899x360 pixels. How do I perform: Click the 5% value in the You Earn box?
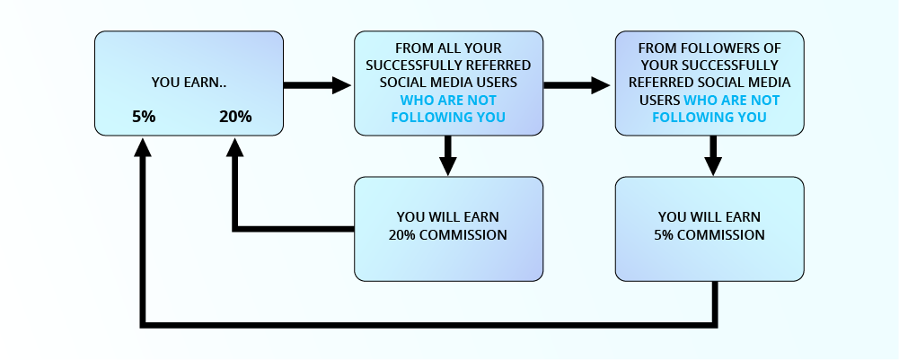(144, 117)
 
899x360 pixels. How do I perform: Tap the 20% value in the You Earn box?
(235, 117)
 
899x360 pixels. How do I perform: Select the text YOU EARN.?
(189, 83)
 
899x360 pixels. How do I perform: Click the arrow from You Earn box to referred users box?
(317, 85)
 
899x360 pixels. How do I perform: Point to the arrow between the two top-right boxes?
(577, 85)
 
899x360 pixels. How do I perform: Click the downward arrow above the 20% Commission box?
(448, 154)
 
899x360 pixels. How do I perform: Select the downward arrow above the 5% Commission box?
(713, 154)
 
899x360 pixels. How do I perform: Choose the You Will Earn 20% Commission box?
(448, 228)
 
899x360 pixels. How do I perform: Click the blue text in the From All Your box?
(448, 109)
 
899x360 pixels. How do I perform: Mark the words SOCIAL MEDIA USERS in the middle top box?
(448, 83)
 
